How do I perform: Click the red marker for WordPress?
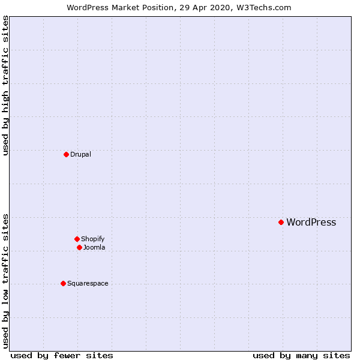(x=281, y=222)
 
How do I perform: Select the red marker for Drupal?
(x=66, y=154)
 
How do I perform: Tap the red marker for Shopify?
(x=77, y=239)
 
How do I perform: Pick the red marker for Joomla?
(x=79, y=247)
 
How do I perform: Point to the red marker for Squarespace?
(x=63, y=283)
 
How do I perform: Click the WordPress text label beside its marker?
(x=311, y=222)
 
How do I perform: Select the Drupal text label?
(x=80, y=154)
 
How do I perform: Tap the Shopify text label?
(x=92, y=239)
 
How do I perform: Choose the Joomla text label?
(x=94, y=247)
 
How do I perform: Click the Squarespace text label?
(x=88, y=283)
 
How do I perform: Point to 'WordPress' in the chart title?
(x=88, y=8)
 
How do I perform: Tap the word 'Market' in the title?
(x=127, y=8)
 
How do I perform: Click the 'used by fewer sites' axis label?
(x=62, y=356)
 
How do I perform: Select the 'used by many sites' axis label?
(x=301, y=356)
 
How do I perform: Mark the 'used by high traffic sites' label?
(x=6, y=85)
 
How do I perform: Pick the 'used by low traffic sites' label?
(x=6, y=281)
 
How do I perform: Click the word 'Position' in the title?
(x=161, y=8)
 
